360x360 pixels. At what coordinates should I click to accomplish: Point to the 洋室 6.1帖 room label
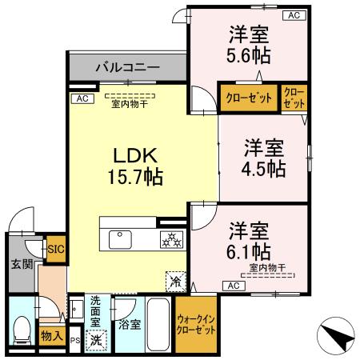[x=249, y=238]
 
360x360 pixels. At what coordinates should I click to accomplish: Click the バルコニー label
[x=127, y=66]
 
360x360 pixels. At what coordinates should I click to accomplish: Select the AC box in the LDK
[x=80, y=98]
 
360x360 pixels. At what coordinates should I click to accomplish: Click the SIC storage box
[x=55, y=249]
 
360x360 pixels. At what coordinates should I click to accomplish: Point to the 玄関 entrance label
[x=21, y=265]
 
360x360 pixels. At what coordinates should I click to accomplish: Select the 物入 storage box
[x=52, y=336]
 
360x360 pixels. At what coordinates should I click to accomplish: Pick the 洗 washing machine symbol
[x=95, y=339]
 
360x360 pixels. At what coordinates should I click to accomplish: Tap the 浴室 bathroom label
[x=128, y=326]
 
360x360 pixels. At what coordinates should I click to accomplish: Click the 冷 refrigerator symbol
[x=175, y=281]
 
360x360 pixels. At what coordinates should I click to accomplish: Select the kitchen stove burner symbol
[x=172, y=238]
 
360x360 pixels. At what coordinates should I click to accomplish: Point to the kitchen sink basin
[x=122, y=238]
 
